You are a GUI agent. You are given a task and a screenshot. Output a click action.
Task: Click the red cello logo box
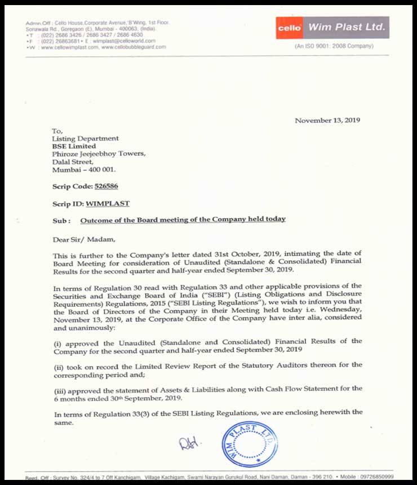(x=291, y=27)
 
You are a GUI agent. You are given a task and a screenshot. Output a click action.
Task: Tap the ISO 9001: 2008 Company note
(x=334, y=46)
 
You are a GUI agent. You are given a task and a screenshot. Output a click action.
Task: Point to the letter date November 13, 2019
(x=327, y=120)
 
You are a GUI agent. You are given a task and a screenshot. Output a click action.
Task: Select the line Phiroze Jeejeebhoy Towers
(x=99, y=153)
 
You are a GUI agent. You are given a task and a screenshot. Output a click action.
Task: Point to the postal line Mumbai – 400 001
(x=85, y=169)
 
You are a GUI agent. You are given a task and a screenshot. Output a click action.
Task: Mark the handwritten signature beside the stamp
(x=189, y=444)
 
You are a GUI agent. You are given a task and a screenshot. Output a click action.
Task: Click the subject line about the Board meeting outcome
(x=183, y=219)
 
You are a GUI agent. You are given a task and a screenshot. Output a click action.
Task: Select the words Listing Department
(x=85, y=138)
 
